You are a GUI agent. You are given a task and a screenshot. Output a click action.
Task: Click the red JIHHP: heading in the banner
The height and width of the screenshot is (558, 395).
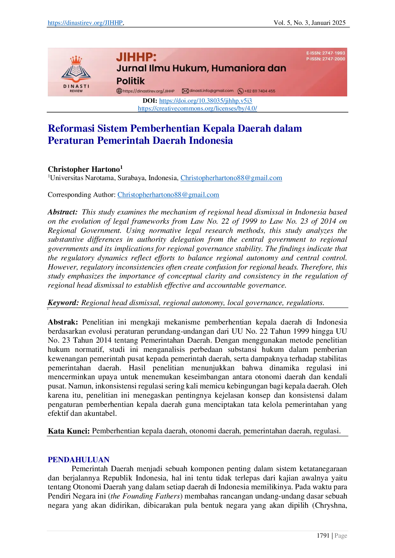(136, 57)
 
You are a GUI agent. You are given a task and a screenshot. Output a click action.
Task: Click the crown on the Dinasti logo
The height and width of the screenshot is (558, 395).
(76, 60)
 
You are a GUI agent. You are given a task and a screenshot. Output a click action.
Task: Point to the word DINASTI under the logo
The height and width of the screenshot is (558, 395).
(76, 86)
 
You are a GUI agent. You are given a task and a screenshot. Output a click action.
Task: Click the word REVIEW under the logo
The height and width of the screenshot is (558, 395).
(76, 91)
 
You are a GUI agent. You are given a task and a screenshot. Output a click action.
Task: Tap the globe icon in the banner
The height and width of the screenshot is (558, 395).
(119, 91)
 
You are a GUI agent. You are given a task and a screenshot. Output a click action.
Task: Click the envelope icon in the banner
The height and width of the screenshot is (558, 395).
(185, 91)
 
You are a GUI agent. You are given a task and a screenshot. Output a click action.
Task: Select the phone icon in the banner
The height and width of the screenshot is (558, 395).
(241, 91)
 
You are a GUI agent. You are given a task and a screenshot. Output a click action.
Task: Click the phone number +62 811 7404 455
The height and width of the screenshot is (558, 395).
(260, 91)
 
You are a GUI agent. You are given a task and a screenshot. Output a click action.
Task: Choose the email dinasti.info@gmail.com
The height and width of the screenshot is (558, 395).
(211, 91)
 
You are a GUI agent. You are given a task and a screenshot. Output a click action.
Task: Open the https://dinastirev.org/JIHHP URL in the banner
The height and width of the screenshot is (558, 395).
(148, 91)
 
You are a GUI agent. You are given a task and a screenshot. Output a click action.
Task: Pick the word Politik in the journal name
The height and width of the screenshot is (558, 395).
(131, 81)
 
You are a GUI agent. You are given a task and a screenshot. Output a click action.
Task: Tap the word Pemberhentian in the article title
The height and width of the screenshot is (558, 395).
(165, 128)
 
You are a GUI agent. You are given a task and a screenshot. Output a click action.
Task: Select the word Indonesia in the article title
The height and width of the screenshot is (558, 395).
(211, 140)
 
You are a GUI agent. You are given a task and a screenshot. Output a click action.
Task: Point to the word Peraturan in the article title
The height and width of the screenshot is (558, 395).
(70, 140)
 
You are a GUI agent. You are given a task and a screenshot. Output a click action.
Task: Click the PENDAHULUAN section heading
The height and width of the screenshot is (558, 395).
(78, 459)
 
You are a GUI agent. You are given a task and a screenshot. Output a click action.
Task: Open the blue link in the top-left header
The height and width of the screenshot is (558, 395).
(85, 23)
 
